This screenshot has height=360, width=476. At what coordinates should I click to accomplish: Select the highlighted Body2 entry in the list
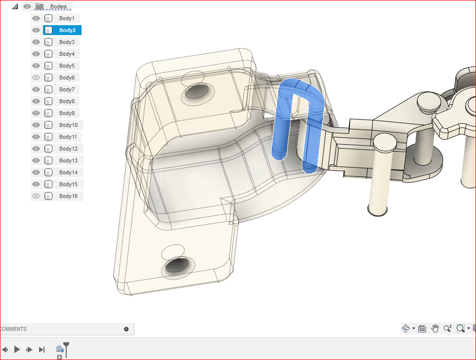67,30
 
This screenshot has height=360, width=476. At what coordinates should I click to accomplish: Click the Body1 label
67,18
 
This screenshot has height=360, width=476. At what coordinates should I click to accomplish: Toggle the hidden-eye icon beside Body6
36,78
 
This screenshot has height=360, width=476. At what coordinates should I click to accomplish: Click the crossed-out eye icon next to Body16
36,196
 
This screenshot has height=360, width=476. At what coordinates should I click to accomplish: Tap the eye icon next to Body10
36,125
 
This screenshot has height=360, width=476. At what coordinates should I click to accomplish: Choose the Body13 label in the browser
68,160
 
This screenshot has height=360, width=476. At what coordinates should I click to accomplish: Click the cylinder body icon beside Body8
48,101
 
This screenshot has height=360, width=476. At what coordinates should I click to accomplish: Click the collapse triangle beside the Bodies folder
15,6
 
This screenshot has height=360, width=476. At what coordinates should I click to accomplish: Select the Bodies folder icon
39,6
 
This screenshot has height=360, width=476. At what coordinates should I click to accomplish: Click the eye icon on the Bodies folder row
27,6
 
